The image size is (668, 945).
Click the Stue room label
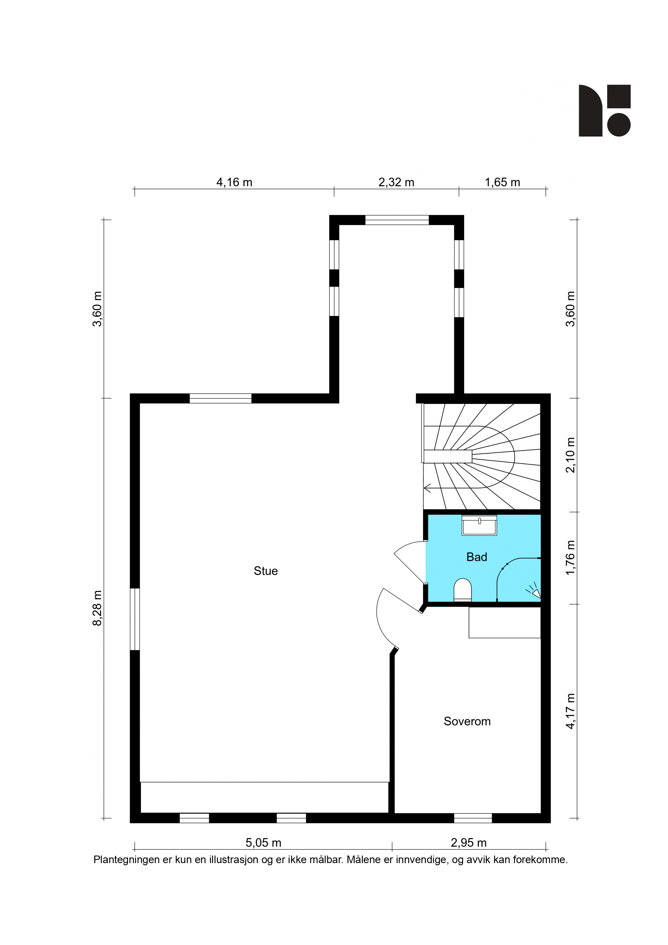(266, 571)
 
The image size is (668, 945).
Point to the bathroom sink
(479, 525)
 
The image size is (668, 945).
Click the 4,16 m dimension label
(234, 182)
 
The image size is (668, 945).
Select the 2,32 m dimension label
(396, 182)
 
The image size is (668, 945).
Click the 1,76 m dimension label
(570, 558)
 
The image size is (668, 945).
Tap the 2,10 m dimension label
(570, 455)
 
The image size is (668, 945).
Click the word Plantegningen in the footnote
(127, 860)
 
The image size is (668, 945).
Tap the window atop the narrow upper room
(397, 220)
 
